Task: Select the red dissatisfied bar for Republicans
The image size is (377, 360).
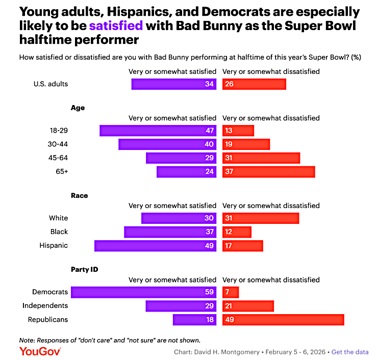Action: coord(283,320)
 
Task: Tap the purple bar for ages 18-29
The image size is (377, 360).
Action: coord(158,131)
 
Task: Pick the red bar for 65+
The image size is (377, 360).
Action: coord(268,172)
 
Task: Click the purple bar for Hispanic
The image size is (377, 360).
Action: coord(156,246)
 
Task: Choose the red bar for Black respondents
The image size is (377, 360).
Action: coord(237,232)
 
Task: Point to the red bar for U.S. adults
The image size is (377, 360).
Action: coord(254,84)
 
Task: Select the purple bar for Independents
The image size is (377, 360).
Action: coord(181,306)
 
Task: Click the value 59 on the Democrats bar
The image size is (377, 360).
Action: coord(209,292)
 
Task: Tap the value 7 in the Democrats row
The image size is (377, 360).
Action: coord(227,292)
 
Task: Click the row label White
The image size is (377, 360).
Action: coord(58,218)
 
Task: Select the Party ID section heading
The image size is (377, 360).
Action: coord(84,269)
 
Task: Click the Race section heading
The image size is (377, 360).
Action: coord(79,195)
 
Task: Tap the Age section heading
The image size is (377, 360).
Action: coord(78,108)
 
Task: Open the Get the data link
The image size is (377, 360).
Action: coord(350,352)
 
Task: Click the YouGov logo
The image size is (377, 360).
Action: coord(40,351)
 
